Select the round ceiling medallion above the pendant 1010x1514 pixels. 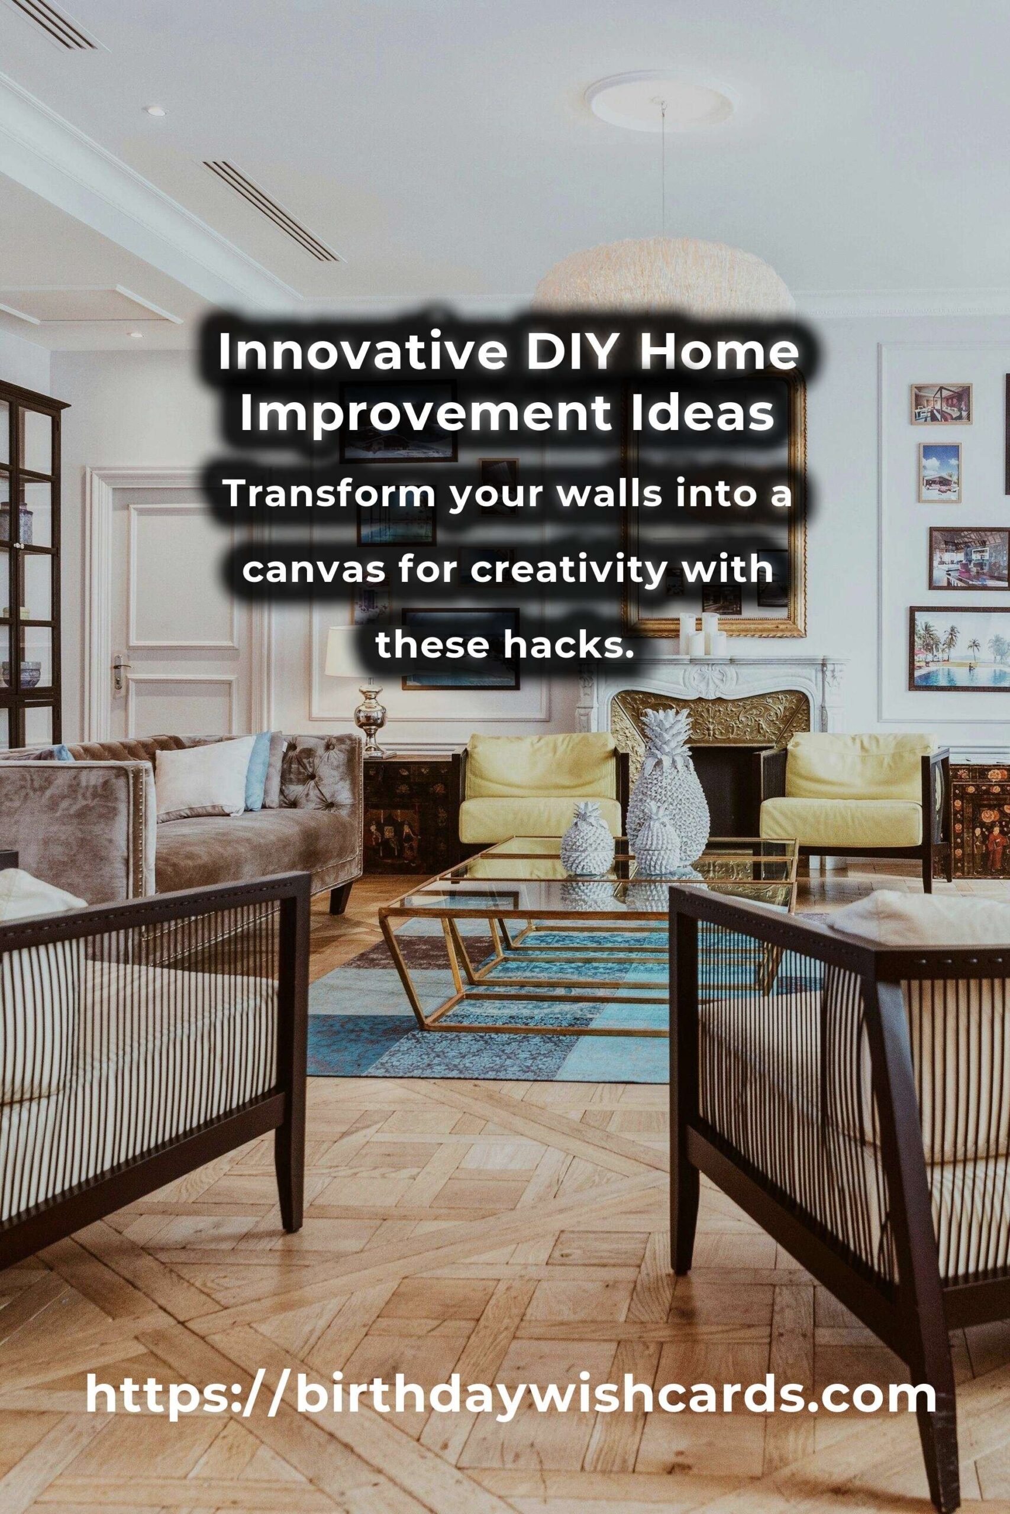click(661, 101)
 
